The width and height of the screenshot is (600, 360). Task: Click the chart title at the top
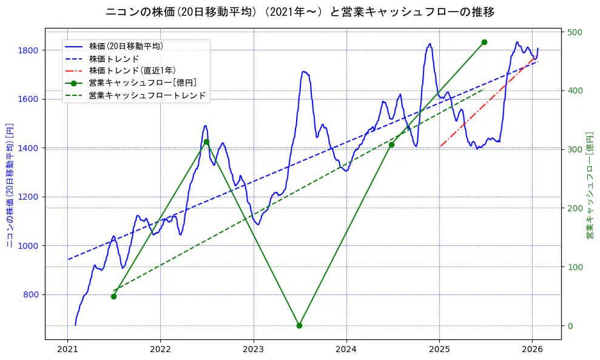pyautogui.click(x=300, y=12)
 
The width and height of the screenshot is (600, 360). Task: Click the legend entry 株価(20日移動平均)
pyautogui.click(x=126, y=46)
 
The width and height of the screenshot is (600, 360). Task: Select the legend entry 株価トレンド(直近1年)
pyautogui.click(x=132, y=70)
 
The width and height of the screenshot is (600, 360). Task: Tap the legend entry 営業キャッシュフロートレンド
pyautogui.click(x=147, y=95)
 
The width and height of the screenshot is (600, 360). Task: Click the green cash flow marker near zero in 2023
pyautogui.click(x=299, y=325)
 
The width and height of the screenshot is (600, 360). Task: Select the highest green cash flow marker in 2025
pyautogui.click(x=484, y=42)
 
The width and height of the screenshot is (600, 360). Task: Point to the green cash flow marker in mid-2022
pyautogui.click(x=206, y=142)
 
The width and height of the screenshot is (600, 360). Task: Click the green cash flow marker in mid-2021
pyautogui.click(x=113, y=296)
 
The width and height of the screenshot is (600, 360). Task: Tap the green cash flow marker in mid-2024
pyautogui.click(x=391, y=144)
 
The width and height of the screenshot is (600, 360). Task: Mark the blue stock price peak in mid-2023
pyautogui.click(x=304, y=72)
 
